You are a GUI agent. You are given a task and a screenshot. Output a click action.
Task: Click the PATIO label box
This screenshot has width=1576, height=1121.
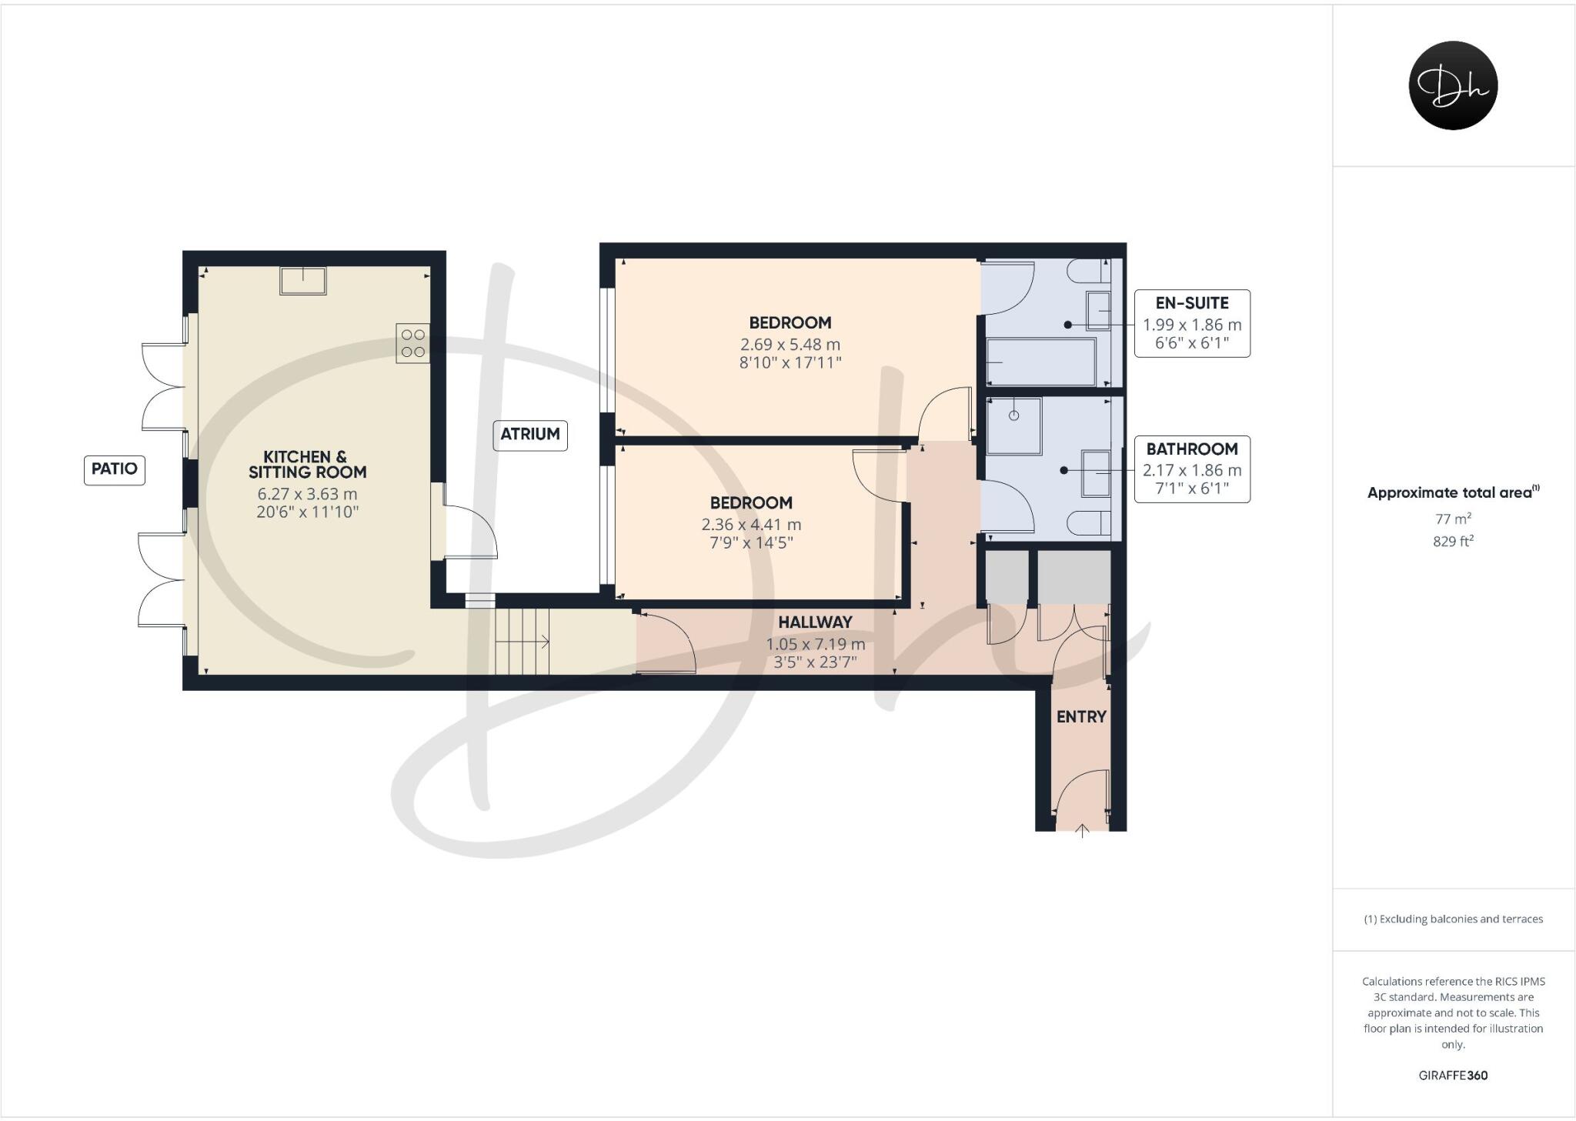click(114, 469)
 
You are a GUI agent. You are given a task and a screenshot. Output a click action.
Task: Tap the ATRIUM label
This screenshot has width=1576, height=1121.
click(529, 434)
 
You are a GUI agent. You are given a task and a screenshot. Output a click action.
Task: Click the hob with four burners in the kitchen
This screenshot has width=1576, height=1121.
click(413, 343)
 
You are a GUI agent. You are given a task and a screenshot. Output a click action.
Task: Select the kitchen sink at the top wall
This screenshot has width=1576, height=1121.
click(303, 280)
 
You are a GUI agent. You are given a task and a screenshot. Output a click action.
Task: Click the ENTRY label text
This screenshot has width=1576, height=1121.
click(1081, 717)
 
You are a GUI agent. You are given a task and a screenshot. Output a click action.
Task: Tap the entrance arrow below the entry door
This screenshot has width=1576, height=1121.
click(1083, 831)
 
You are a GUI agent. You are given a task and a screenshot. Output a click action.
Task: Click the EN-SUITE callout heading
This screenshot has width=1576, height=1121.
click(1192, 303)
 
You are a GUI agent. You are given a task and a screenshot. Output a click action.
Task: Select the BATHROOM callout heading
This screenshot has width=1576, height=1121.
click(1192, 449)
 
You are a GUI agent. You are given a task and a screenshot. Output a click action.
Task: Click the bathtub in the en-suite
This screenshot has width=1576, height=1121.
click(1040, 362)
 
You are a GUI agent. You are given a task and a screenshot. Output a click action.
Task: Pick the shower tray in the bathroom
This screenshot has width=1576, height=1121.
click(1013, 425)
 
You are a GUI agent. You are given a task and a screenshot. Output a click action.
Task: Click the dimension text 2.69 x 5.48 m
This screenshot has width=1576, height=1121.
click(790, 345)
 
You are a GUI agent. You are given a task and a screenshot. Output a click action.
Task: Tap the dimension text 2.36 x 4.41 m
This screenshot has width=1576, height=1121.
click(751, 525)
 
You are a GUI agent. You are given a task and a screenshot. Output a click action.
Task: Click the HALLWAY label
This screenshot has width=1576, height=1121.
click(815, 622)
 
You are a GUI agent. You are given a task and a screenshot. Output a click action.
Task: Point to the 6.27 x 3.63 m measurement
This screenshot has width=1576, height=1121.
click(307, 494)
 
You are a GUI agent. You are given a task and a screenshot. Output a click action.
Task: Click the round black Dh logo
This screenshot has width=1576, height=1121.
click(1453, 85)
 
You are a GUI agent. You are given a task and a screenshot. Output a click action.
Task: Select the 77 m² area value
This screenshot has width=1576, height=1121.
click(1453, 519)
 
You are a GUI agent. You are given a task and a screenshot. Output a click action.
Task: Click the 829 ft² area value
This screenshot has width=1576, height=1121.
click(1453, 541)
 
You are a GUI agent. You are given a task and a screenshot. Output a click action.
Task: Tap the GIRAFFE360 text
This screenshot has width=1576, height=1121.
click(1453, 1076)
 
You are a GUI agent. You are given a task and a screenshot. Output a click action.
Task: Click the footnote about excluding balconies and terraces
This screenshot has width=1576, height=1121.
click(1453, 919)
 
